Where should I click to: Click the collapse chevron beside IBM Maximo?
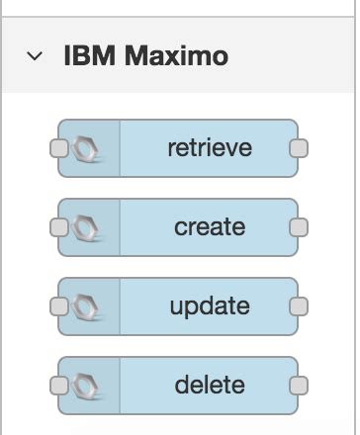tap(36, 56)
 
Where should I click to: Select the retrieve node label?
tap(210, 148)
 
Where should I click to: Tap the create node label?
tap(210, 226)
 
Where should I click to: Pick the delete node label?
tap(210, 384)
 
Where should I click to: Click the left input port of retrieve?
tap(58, 148)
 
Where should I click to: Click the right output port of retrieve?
tap(298, 148)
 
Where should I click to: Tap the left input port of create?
tap(58, 227)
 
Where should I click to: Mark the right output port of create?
tap(298, 227)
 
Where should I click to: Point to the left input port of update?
tap(58, 306)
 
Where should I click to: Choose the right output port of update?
tap(298, 306)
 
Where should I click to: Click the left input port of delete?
tap(58, 385)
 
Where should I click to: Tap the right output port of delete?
tap(298, 385)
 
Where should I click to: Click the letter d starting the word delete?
tap(181, 384)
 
